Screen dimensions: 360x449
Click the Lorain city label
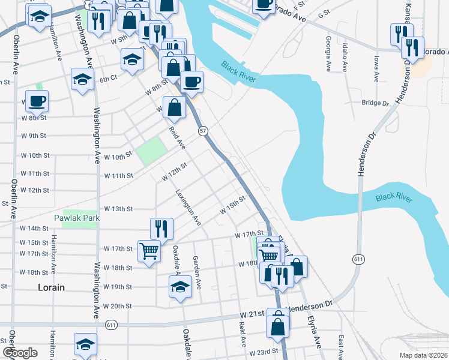[x=51, y=287]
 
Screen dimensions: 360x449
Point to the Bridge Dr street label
[x=376, y=103]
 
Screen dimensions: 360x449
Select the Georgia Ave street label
[x=328, y=52]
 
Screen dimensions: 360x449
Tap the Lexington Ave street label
[x=188, y=207]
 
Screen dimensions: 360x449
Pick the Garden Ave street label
[x=196, y=272]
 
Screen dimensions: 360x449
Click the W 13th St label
[x=118, y=209]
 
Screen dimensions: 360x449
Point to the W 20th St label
[x=117, y=306]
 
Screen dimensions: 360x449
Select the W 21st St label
[x=252, y=314]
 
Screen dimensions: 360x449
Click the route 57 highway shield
[x=203, y=130]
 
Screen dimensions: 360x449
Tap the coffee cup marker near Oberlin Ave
[x=37, y=101]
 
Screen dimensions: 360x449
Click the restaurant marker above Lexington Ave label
[x=161, y=227]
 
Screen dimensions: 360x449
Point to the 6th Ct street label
[x=107, y=79]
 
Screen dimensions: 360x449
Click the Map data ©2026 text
[x=424, y=355]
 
